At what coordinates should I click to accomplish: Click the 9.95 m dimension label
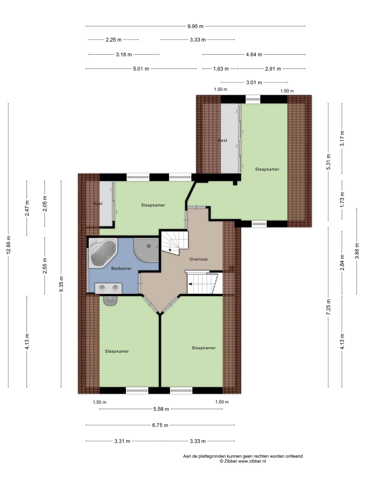(195, 26)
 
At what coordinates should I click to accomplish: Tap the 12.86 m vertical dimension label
(9, 245)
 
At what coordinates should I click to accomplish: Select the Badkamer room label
(121, 268)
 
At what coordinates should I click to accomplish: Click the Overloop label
(199, 259)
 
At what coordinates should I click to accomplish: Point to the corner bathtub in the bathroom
(102, 253)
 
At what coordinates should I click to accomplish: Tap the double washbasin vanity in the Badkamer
(108, 288)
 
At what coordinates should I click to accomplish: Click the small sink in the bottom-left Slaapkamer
(111, 301)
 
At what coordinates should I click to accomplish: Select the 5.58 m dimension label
(161, 409)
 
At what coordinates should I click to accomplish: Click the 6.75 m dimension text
(160, 425)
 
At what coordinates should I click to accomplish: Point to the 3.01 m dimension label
(254, 82)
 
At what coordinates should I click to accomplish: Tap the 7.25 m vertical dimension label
(328, 307)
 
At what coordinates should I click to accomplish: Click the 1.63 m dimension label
(221, 69)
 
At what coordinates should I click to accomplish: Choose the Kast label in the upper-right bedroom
(223, 140)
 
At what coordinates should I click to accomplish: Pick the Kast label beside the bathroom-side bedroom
(98, 203)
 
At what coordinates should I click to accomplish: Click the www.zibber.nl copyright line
(243, 461)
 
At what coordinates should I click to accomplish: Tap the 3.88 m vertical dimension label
(357, 251)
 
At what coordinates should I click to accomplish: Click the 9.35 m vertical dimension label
(61, 284)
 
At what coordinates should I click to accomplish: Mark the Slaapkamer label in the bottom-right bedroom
(204, 348)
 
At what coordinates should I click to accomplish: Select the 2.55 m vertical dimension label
(45, 266)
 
